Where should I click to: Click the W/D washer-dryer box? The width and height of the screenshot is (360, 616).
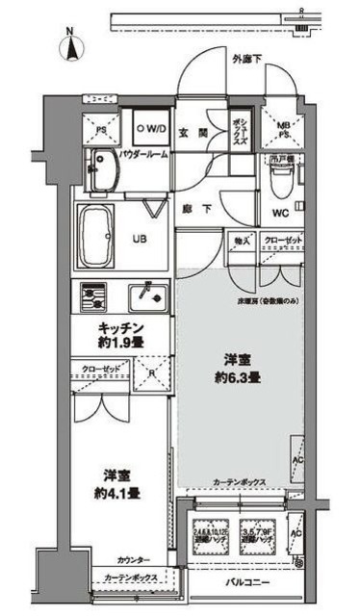tap(152, 127)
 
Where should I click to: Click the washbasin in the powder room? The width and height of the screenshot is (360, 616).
tap(99, 171)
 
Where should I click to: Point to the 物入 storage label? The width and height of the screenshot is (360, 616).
tap(238, 240)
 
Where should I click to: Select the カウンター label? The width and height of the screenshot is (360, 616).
tap(134, 560)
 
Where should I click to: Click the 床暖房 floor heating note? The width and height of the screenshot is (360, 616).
tap(270, 300)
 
